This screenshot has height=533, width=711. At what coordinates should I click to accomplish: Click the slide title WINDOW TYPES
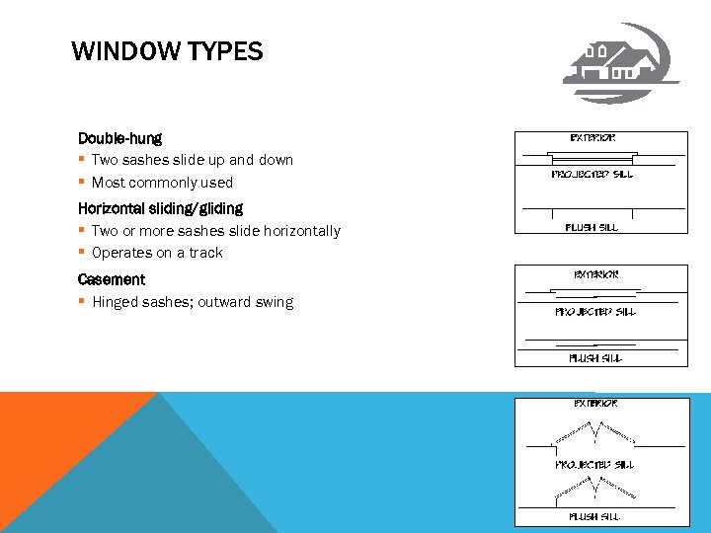(x=167, y=51)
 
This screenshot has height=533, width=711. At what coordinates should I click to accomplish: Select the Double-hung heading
(x=119, y=138)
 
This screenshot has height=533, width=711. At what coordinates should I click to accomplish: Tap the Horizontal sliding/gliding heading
(x=160, y=208)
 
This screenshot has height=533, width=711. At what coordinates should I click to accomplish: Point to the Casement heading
(x=112, y=279)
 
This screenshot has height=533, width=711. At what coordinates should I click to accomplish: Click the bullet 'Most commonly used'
(x=162, y=182)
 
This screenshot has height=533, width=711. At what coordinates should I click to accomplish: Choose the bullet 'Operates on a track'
(x=157, y=253)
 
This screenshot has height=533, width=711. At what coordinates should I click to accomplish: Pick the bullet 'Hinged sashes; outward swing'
(x=193, y=302)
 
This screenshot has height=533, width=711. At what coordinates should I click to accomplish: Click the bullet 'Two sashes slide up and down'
(x=193, y=160)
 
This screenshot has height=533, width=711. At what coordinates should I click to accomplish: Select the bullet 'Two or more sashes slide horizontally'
(x=215, y=231)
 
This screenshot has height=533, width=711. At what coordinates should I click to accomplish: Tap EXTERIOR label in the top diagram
(x=593, y=138)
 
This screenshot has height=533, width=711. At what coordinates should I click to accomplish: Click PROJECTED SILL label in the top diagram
(x=592, y=175)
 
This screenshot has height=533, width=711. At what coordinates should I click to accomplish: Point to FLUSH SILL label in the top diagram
(x=592, y=227)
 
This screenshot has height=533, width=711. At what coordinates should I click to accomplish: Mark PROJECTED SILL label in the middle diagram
(x=595, y=312)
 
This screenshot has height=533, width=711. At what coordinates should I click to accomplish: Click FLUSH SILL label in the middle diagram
(x=594, y=358)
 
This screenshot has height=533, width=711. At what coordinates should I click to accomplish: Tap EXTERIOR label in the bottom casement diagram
(x=596, y=404)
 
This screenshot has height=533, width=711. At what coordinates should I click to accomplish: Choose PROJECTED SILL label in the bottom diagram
(x=594, y=464)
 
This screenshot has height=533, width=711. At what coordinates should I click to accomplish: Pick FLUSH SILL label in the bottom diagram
(x=594, y=516)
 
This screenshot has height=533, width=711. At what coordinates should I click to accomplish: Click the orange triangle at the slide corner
(x=49, y=434)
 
